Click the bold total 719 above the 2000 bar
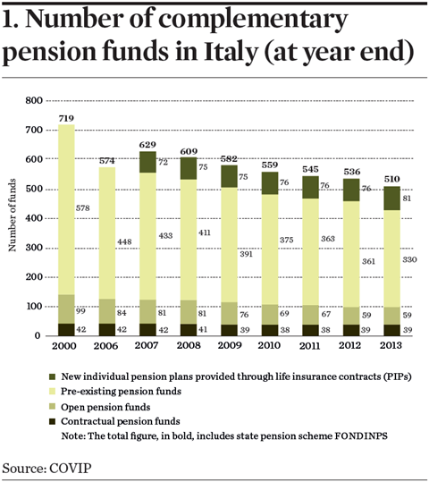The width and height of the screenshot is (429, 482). pos(66,118)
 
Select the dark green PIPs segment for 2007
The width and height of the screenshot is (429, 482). pos(147,162)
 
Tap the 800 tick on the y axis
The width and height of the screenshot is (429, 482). pos(34,100)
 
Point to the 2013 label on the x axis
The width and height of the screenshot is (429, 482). pos(391,345)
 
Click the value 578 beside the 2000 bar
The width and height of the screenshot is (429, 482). pos(82,208)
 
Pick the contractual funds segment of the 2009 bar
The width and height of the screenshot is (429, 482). pos(230,330)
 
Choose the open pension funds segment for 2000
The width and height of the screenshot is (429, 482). pos(66,309)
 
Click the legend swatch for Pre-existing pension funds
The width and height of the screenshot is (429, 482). pos(52,392)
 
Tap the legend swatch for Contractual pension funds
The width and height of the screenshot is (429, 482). pos(52,421)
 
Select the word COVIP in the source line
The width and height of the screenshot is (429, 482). pos(71,469)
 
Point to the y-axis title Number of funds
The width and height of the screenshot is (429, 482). pos(12,216)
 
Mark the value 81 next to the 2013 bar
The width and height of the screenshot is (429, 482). pos(407,199)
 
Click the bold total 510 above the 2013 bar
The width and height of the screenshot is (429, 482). pos(391,179)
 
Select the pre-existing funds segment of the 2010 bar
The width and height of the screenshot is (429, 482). pos(270,249)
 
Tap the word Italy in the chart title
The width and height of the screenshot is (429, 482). pos(231,51)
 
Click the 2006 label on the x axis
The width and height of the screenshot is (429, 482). pos(105,346)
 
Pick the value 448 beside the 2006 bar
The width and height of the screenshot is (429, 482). pos(124,242)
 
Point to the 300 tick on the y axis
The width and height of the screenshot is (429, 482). pos(34,248)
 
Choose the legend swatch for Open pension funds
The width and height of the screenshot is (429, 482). pos(52,407)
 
